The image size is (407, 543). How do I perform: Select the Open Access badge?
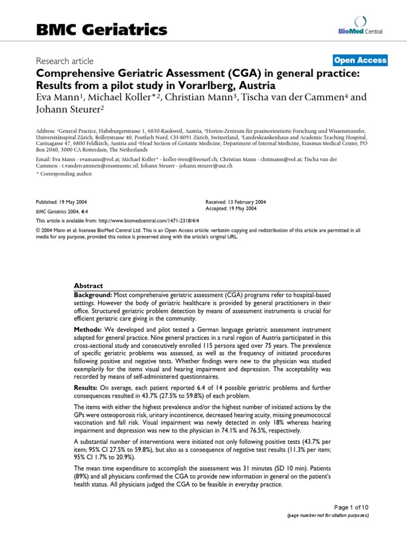tap(360, 60)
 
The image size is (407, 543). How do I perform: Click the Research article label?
tap(65, 61)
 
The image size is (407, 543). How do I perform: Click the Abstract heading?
tap(89, 285)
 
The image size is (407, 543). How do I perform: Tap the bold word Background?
tap(92, 294)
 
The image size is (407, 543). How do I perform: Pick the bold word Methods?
tap(87, 330)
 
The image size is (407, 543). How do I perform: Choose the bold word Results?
tap(86, 388)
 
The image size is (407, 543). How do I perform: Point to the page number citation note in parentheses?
tap(328, 515)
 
